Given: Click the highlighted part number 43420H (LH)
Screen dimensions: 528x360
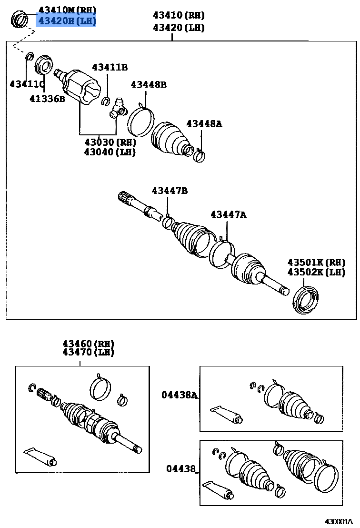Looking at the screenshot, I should pyautogui.click(x=67, y=20).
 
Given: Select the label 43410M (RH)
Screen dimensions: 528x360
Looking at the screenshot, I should pyautogui.click(x=67, y=10).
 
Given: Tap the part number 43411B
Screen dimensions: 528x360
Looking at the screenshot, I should pyautogui.click(x=110, y=67).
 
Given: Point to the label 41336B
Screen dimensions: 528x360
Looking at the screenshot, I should pyautogui.click(x=47, y=99).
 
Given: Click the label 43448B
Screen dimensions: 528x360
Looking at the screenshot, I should pyautogui.click(x=149, y=85).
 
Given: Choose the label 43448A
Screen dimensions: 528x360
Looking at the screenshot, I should pyautogui.click(x=204, y=124).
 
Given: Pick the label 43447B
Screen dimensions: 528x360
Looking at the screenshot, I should pyautogui.click(x=170, y=191).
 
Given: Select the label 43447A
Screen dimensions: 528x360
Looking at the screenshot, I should pyautogui.click(x=229, y=215).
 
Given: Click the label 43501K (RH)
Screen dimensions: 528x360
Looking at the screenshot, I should pyautogui.click(x=316, y=263).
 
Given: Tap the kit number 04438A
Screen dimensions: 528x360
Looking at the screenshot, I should pyautogui.click(x=179, y=395).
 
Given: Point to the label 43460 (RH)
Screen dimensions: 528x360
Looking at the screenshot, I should pyautogui.click(x=88, y=344).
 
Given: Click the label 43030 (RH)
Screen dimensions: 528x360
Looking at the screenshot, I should pyautogui.click(x=110, y=142).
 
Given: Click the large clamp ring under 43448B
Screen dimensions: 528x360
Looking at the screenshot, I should pyautogui.click(x=140, y=122).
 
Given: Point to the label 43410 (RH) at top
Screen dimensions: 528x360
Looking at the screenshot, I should pyautogui.click(x=179, y=15).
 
